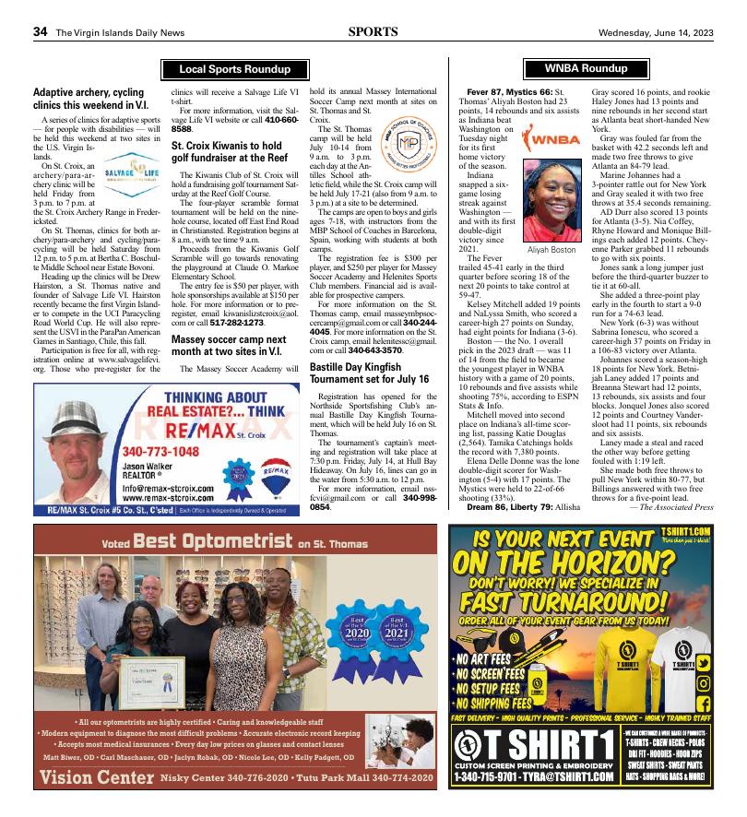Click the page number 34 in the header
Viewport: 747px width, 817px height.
[40, 31]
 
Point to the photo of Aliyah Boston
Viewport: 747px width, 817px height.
[551, 200]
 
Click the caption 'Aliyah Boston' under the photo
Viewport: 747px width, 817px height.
[551, 250]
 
